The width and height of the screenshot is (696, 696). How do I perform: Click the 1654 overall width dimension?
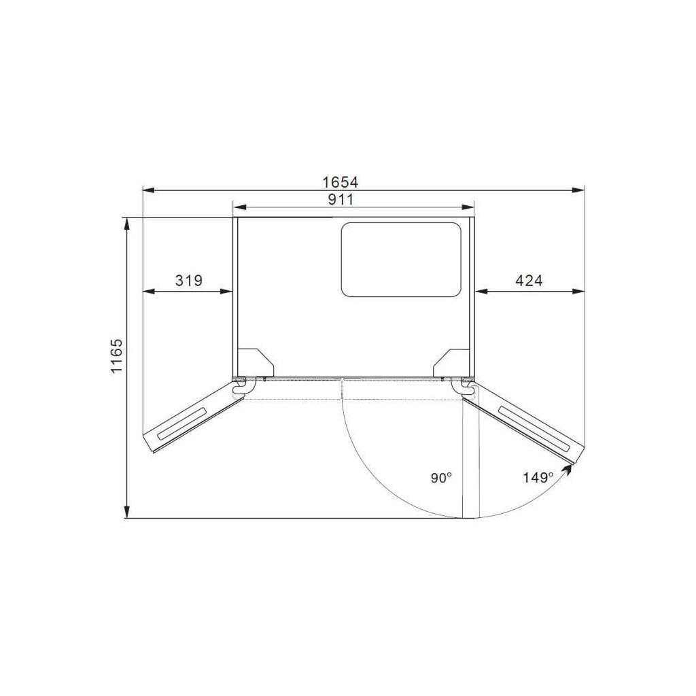[340, 182]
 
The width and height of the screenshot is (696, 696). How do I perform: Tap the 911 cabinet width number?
[341, 200]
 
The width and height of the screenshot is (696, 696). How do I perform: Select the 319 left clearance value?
[189, 281]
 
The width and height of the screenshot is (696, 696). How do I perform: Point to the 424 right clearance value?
[529, 281]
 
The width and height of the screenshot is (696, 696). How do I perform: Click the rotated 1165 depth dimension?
[116, 356]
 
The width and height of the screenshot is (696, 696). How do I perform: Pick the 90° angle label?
[441, 478]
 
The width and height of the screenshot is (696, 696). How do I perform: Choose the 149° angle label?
[538, 478]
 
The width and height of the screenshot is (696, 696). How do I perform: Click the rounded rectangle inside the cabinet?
[401, 259]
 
